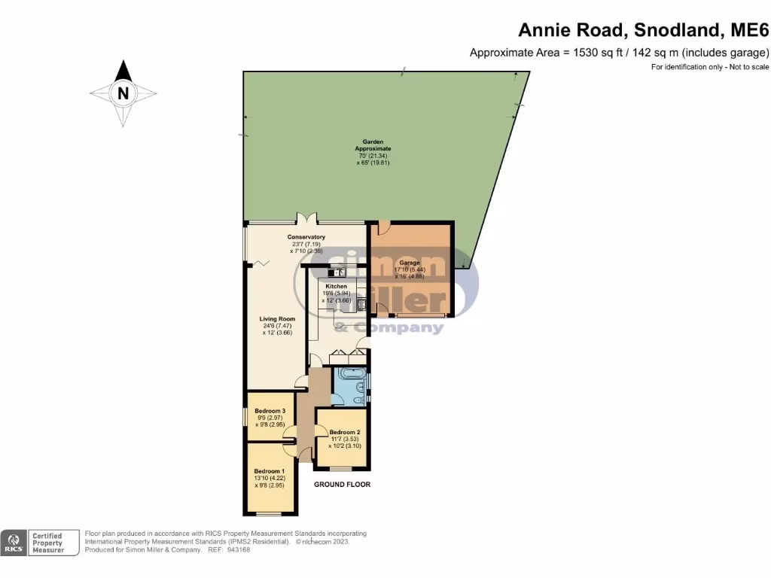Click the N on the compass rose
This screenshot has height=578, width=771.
pos(123,94)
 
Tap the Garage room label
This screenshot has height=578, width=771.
pos(410,263)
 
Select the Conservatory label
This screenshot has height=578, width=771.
pos(306,237)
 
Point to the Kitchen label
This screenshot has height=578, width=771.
pos(336,287)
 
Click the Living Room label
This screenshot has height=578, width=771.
pos(277,319)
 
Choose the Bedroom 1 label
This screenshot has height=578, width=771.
pos(269,470)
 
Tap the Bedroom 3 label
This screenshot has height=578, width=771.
pos(269,411)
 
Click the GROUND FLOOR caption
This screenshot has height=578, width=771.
pos(343,485)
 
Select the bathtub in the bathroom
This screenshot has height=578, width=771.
pos(351,374)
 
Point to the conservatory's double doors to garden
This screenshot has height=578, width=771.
pos(306,219)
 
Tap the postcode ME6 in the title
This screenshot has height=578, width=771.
pos(750,31)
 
